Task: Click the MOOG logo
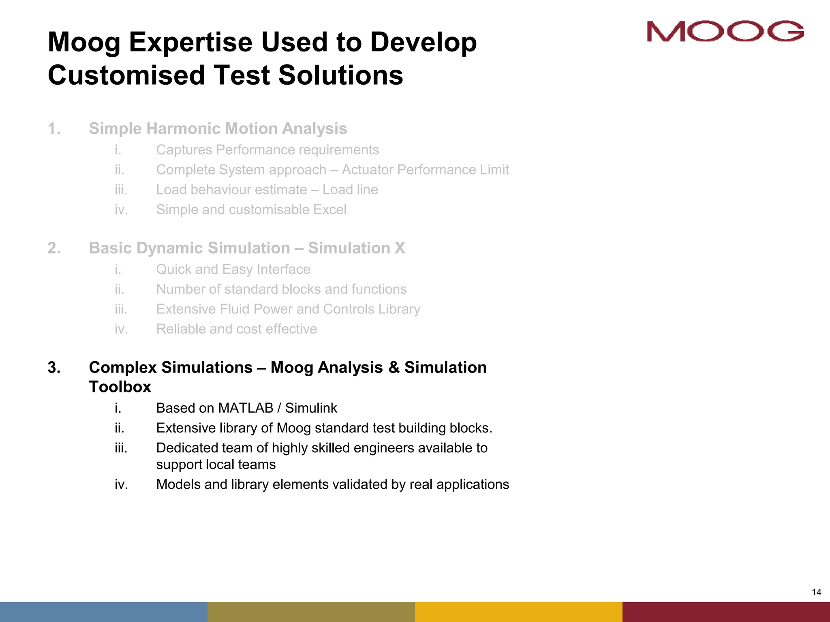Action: pyautogui.click(x=725, y=31)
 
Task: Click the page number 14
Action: pyautogui.click(x=816, y=592)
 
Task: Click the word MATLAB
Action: pyautogui.click(x=246, y=408)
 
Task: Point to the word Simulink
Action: pyautogui.click(x=311, y=408)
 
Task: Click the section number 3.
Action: pyautogui.click(x=54, y=368)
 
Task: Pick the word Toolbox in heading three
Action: pyautogui.click(x=120, y=387)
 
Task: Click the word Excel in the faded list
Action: pyautogui.click(x=331, y=210)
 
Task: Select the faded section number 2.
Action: pyautogui.click(x=54, y=248)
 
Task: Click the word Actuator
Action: pyautogui.click(x=368, y=170)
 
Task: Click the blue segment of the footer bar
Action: pyautogui.click(x=104, y=611)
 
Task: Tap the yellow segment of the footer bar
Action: pyautogui.click(x=519, y=611)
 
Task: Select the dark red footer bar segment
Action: pyautogui.click(x=726, y=611)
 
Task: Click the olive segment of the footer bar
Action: pyautogui.click(x=311, y=611)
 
